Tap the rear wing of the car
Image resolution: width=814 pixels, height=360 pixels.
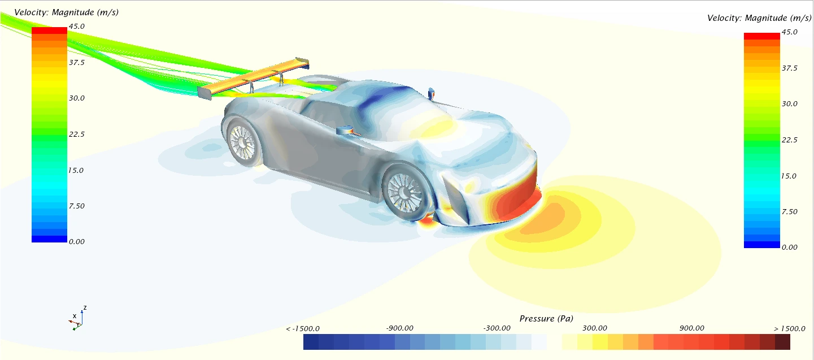[x=253, y=78]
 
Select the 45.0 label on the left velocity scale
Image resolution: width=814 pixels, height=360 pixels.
[x=77, y=26]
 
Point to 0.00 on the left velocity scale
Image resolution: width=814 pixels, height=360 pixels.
[x=77, y=241]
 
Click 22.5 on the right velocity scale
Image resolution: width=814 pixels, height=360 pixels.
[x=790, y=140]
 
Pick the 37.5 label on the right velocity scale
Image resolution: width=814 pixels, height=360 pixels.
[x=790, y=68]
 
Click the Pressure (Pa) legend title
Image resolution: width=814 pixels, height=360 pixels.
[x=546, y=319]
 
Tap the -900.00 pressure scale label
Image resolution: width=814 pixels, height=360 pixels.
[x=399, y=328]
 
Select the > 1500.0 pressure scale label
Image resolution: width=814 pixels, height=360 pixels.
[x=789, y=329]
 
